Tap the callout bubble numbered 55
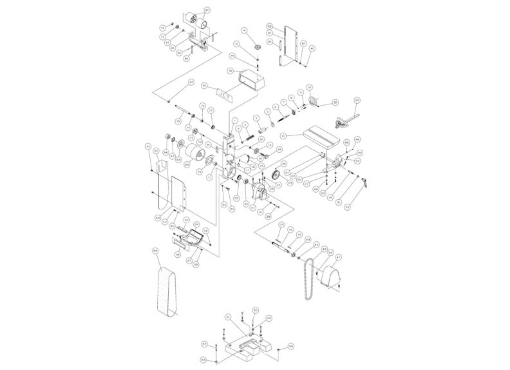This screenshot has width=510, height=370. pos(155,250)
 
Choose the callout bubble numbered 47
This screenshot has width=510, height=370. pos(339,257)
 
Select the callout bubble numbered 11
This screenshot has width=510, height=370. pos(283,136)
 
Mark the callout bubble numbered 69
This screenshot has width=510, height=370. pos(187,165)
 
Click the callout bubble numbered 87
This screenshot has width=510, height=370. pos(207,10)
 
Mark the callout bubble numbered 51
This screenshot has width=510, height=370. pos(228,317)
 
